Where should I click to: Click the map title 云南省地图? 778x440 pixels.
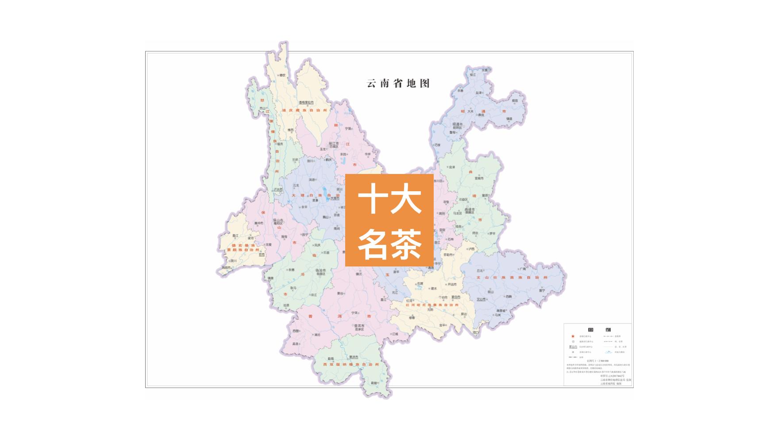(398, 83)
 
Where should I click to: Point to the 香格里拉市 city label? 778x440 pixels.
(306, 102)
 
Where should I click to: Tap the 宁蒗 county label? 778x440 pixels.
(348, 128)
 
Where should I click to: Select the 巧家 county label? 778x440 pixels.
(438, 145)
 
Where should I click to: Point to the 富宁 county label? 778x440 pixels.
(542, 291)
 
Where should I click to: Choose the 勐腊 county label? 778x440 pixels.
(374, 382)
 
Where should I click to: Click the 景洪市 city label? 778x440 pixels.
(353, 357)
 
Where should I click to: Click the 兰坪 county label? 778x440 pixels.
(295, 160)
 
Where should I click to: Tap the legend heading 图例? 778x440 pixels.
(599, 329)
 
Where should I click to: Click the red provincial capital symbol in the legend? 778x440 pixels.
(573, 336)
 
